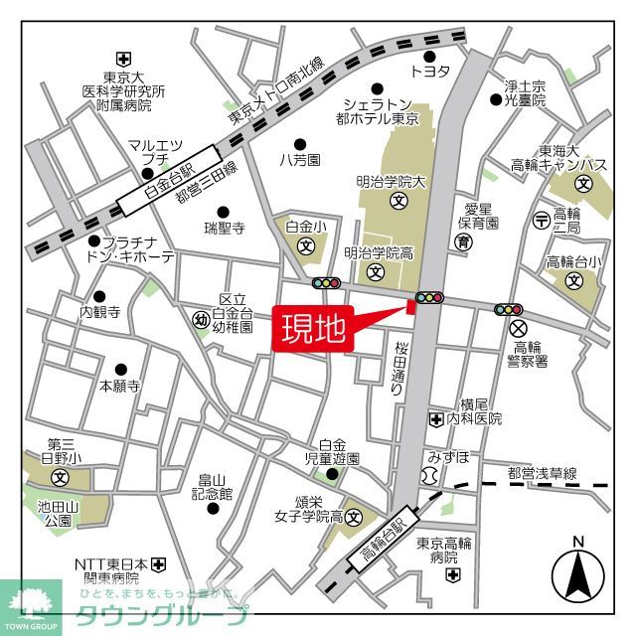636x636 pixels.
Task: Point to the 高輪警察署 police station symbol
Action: tap(517, 329)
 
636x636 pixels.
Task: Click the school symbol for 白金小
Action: tap(306, 244)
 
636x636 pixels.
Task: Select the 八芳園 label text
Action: tap(298, 159)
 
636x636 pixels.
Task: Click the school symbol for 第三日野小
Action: tap(60, 478)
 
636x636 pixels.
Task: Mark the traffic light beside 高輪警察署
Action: tap(509, 309)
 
